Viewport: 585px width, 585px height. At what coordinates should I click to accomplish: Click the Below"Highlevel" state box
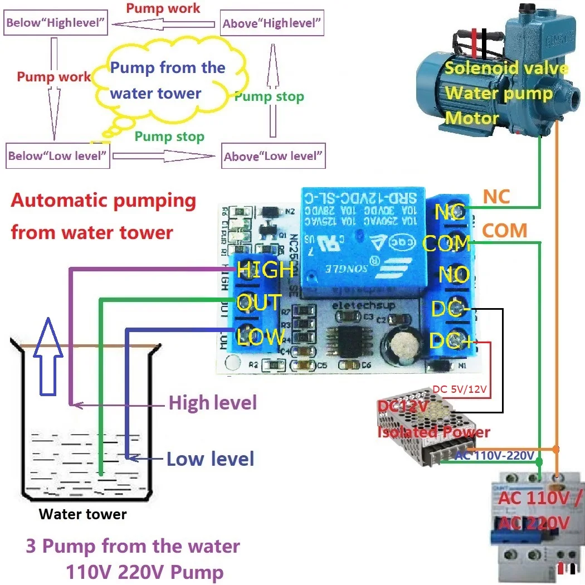click(x=56, y=23)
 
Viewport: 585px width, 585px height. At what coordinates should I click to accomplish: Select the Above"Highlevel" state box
click(x=272, y=24)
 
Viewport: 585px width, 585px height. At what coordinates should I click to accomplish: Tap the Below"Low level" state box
click(x=57, y=156)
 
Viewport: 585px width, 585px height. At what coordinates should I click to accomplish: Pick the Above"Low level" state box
click(x=273, y=156)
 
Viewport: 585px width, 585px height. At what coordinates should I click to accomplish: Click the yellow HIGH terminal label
click(x=265, y=270)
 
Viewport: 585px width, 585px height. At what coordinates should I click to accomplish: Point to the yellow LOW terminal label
click(x=261, y=337)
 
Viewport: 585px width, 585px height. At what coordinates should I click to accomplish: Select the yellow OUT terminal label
click(x=259, y=303)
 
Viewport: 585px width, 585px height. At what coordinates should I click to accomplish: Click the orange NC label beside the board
click(x=496, y=197)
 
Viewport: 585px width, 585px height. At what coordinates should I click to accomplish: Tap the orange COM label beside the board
click(x=504, y=230)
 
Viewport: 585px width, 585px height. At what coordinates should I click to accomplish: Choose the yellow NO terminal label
click(x=454, y=275)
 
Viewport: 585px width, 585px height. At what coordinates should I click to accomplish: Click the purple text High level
click(x=212, y=402)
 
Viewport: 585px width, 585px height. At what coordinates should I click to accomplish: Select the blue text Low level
click(x=210, y=459)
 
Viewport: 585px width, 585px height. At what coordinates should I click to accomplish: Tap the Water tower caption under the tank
click(x=82, y=514)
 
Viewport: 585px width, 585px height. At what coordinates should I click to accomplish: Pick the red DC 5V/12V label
click(x=461, y=388)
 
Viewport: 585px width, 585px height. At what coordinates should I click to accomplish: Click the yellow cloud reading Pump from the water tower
click(x=167, y=81)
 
